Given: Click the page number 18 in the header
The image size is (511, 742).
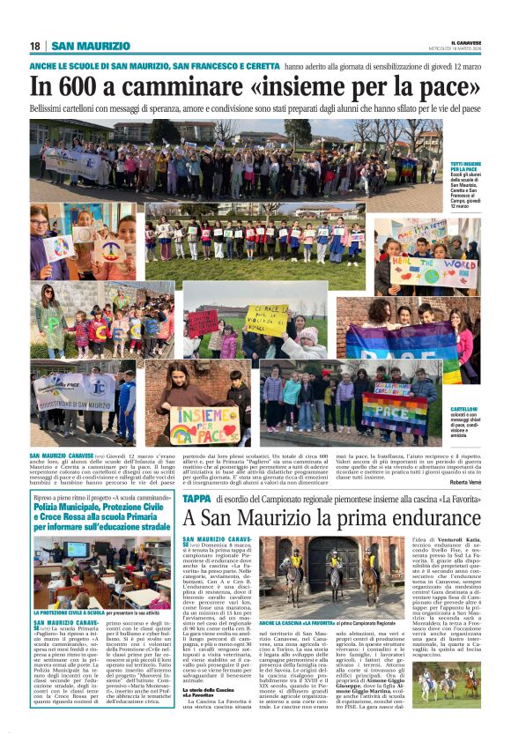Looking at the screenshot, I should (x=34, y=46).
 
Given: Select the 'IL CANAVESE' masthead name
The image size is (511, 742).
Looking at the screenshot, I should (x=463, y=41).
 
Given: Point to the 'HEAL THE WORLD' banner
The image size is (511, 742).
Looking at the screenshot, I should (x=434, y=271).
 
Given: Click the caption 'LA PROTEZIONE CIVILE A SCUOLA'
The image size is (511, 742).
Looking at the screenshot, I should (x=70, y=612).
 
